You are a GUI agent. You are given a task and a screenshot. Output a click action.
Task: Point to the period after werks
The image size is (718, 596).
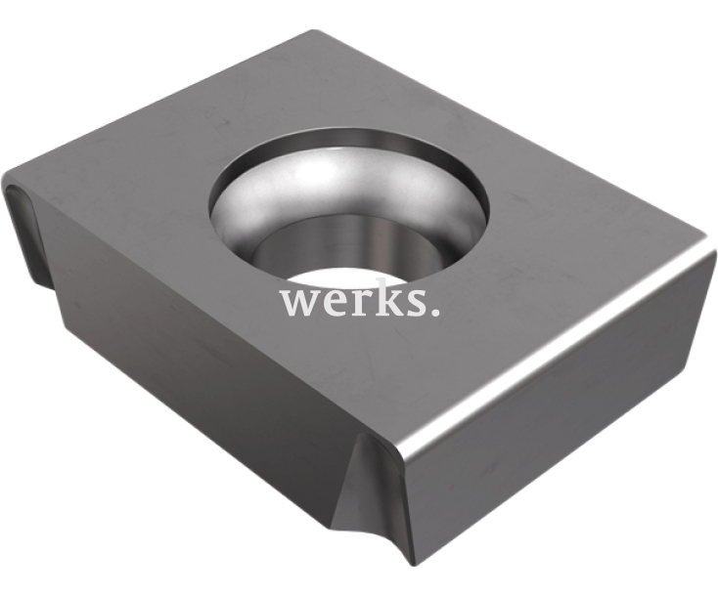click(434, 312)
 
